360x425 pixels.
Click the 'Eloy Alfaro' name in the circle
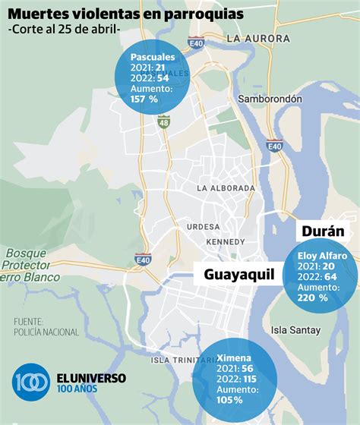pos(322,256)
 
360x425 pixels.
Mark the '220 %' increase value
pos(313,298)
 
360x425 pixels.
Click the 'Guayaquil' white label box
pos(238,275)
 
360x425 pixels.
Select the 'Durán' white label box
pos(323,231)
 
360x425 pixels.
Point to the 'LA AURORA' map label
pos(258,39)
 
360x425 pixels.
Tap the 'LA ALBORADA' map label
pos(226,187)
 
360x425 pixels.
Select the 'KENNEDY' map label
pos(226,241)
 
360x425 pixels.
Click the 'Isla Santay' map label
pos(296,329)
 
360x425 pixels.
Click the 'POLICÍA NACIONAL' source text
pos(46,332)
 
